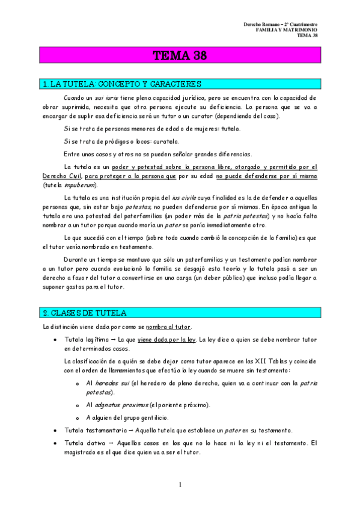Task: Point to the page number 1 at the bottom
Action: coord(180,485)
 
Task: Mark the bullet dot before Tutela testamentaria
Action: coord(55,431)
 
